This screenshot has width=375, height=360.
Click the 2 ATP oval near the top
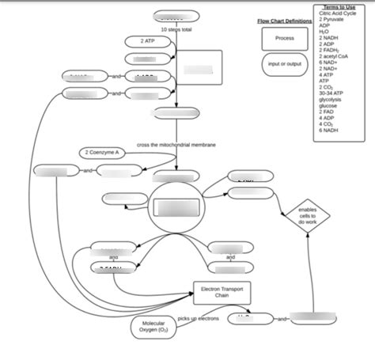(144, 40)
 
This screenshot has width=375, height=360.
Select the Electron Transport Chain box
(221, 292)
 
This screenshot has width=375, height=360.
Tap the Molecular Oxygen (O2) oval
(153, 327)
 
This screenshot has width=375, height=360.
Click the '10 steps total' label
(176, 28)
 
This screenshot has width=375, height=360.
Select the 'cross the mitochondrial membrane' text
(176, 145)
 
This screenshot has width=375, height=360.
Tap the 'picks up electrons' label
(199, 317)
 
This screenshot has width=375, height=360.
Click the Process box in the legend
(285, 38)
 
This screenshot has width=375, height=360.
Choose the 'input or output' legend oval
(285, 64)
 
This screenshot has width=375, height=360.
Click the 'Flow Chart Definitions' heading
(284, 21)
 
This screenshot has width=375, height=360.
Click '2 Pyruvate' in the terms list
(332, 19)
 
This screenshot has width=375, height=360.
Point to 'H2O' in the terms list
(324, 31)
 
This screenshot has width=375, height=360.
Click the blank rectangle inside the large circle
(177, 208)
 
